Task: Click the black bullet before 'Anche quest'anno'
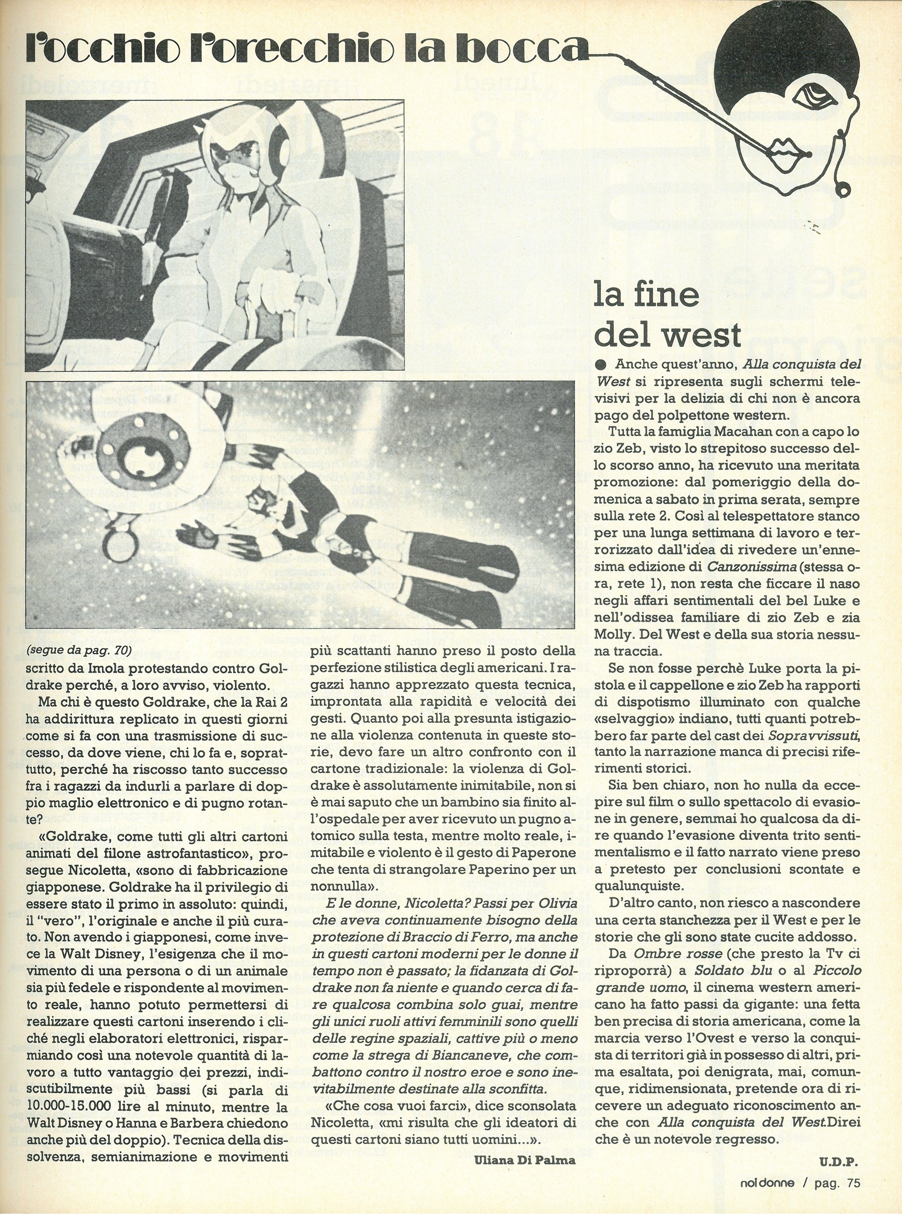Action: click(601, 364)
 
